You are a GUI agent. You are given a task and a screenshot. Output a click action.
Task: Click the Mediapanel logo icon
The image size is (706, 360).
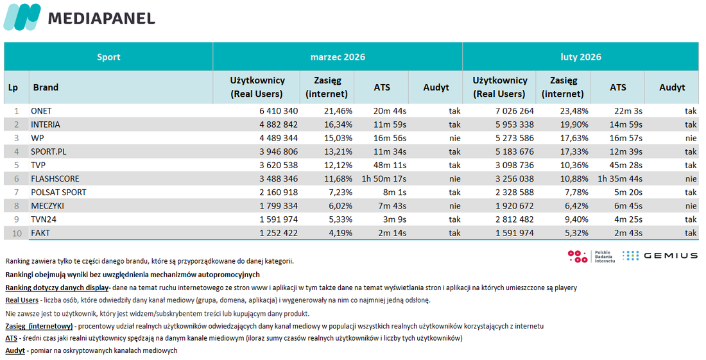22,17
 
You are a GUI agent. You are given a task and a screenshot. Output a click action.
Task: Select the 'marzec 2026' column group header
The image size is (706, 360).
338,57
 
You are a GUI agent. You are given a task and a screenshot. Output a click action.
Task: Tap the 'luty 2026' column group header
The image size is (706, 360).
581,57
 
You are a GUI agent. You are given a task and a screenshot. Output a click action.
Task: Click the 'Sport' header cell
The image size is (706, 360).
108,57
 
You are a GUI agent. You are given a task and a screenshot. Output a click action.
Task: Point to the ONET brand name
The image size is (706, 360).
42,111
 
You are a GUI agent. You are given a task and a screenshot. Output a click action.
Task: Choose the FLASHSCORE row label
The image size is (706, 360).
55,178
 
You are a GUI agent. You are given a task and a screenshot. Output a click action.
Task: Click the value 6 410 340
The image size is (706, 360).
279,111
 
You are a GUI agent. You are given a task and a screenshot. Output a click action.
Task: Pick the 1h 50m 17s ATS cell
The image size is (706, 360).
384,178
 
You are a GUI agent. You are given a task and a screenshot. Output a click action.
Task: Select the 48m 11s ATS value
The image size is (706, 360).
390,165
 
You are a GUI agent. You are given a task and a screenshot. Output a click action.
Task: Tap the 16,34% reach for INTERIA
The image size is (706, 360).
338,124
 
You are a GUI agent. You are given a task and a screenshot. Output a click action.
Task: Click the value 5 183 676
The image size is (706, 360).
514,151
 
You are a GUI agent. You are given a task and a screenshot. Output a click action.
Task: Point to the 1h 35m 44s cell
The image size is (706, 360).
619,178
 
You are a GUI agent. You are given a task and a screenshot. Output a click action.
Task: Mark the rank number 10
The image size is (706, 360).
17,233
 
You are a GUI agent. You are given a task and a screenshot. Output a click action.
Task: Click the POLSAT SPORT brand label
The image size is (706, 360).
58,192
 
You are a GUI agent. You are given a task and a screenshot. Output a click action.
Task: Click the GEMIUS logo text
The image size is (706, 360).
671,255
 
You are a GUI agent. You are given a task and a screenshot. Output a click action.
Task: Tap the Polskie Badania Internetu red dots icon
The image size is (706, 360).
577,256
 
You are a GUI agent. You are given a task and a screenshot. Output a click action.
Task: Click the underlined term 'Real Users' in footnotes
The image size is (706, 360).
22,300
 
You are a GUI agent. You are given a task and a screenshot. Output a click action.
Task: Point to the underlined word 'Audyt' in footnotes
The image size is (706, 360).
15,350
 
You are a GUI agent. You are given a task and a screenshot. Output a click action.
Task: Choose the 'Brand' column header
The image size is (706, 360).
46,87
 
